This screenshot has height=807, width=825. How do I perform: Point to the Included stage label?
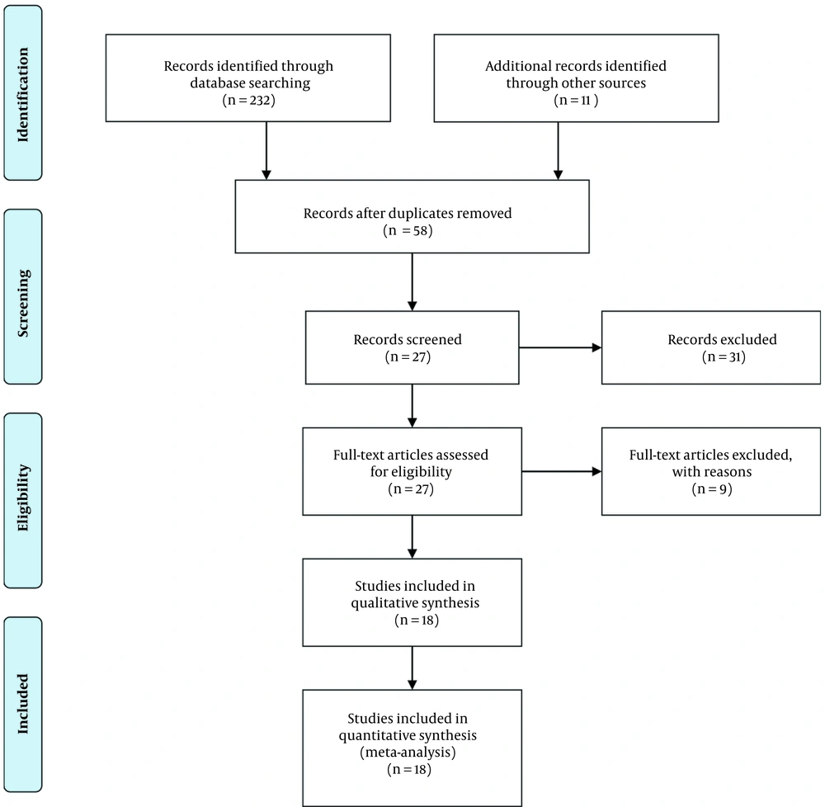(x=22, y=704)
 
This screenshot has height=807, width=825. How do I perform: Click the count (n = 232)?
(x=249, y=100)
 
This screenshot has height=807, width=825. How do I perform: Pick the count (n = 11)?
(x=576, y=100)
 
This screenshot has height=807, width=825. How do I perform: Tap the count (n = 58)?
(x=408, y=230)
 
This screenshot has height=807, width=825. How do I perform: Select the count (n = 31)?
(x=724, y=356)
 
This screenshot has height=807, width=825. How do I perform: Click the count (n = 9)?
(x=712, y=488)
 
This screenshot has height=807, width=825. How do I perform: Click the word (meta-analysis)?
(x=408, y=753)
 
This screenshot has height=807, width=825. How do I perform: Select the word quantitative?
(x=374, y=735)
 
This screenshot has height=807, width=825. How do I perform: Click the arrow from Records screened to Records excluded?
(x=560, y=347)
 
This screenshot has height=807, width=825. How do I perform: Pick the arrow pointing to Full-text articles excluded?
(x=562, y=471)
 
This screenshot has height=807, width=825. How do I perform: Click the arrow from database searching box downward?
(x=266, y=151)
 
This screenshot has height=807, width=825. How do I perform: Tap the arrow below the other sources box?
(x=559, y=151)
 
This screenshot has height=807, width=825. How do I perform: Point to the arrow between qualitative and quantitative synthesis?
(x=412, y=668)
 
